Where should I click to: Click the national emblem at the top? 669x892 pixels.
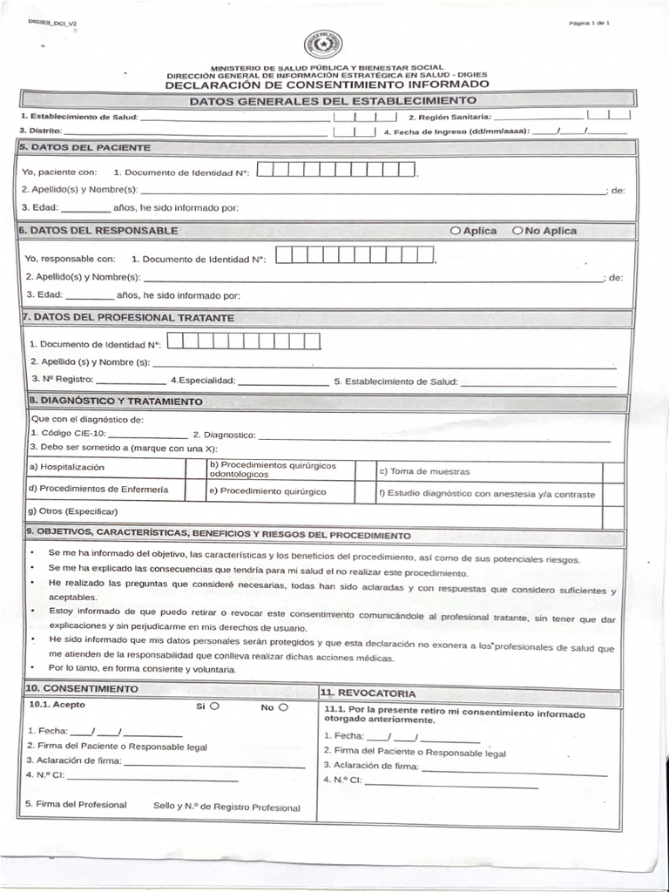[x=322, y=44]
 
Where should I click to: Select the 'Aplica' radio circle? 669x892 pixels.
[x=456, y=231]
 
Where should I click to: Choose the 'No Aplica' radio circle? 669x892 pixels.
[x=517, y=231]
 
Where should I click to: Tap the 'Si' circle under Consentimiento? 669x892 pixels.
[x=214, y=706]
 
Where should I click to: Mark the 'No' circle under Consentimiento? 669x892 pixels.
[x=282, y=706]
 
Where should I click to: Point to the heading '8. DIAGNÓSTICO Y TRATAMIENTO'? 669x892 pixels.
[x=116, y=402]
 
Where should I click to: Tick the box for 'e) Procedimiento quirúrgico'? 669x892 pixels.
[x=365, y=492]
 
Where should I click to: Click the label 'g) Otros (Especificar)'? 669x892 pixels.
[x=73, y=511]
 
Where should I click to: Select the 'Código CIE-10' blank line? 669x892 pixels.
[x=147, y=436]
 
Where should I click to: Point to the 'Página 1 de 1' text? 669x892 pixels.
[x=589, y=23]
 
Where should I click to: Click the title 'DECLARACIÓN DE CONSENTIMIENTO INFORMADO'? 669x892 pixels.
[x=327, y=84]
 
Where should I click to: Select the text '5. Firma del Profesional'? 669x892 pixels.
[x=77, y=805]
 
